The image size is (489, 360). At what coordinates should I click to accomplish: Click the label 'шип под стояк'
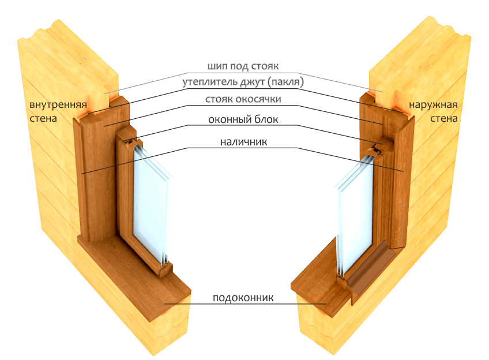pos(243,66)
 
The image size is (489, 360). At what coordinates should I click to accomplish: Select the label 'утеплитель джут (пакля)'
pos(243,82)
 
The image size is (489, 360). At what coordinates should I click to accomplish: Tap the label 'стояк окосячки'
pos(243,99)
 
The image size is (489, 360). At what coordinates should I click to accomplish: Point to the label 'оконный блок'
pos(243,119)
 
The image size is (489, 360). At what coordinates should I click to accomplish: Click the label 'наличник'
pos(243,142)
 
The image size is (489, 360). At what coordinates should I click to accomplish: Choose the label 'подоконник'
pos(243,298)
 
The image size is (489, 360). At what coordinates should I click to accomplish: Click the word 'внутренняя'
pos(58,104)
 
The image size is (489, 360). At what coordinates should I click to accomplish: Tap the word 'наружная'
pos(433,105)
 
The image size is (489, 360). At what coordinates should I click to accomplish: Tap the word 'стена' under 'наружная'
pos(444,119)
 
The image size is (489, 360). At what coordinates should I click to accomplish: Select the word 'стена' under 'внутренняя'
pos(43,119)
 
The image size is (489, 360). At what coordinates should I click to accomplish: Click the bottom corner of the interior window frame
pos(165,275)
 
